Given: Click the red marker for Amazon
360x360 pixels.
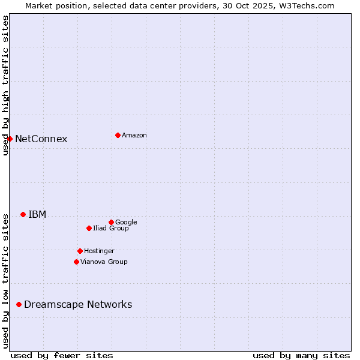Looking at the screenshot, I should point(118,135).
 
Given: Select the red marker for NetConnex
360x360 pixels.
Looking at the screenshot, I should point(10,139).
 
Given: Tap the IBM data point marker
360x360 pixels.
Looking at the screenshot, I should point(23,214).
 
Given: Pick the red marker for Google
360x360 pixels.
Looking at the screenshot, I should point(111,222).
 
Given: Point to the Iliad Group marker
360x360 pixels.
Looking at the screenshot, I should point(89,228).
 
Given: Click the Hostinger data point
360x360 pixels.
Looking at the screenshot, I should point(80,251).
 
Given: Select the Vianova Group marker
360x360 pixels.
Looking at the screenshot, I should point(76,262).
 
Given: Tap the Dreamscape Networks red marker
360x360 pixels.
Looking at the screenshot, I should point(19,304).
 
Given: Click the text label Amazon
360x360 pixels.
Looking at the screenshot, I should point(134,136).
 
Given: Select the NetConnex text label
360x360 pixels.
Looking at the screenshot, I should point(41,139).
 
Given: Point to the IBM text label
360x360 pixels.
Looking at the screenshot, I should point(37,215).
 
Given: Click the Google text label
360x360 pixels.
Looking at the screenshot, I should point(126,223).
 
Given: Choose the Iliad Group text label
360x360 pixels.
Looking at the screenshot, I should point(111,229).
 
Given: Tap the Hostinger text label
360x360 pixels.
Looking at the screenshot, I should point(99,251).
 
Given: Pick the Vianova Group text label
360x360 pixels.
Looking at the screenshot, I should point(104,262).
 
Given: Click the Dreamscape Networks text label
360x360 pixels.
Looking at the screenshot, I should point(78,305).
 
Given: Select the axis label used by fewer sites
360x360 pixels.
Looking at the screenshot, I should point(62,355).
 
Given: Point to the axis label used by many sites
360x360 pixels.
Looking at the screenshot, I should point(301,355).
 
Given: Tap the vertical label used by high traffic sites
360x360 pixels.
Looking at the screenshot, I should point(5,86).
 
